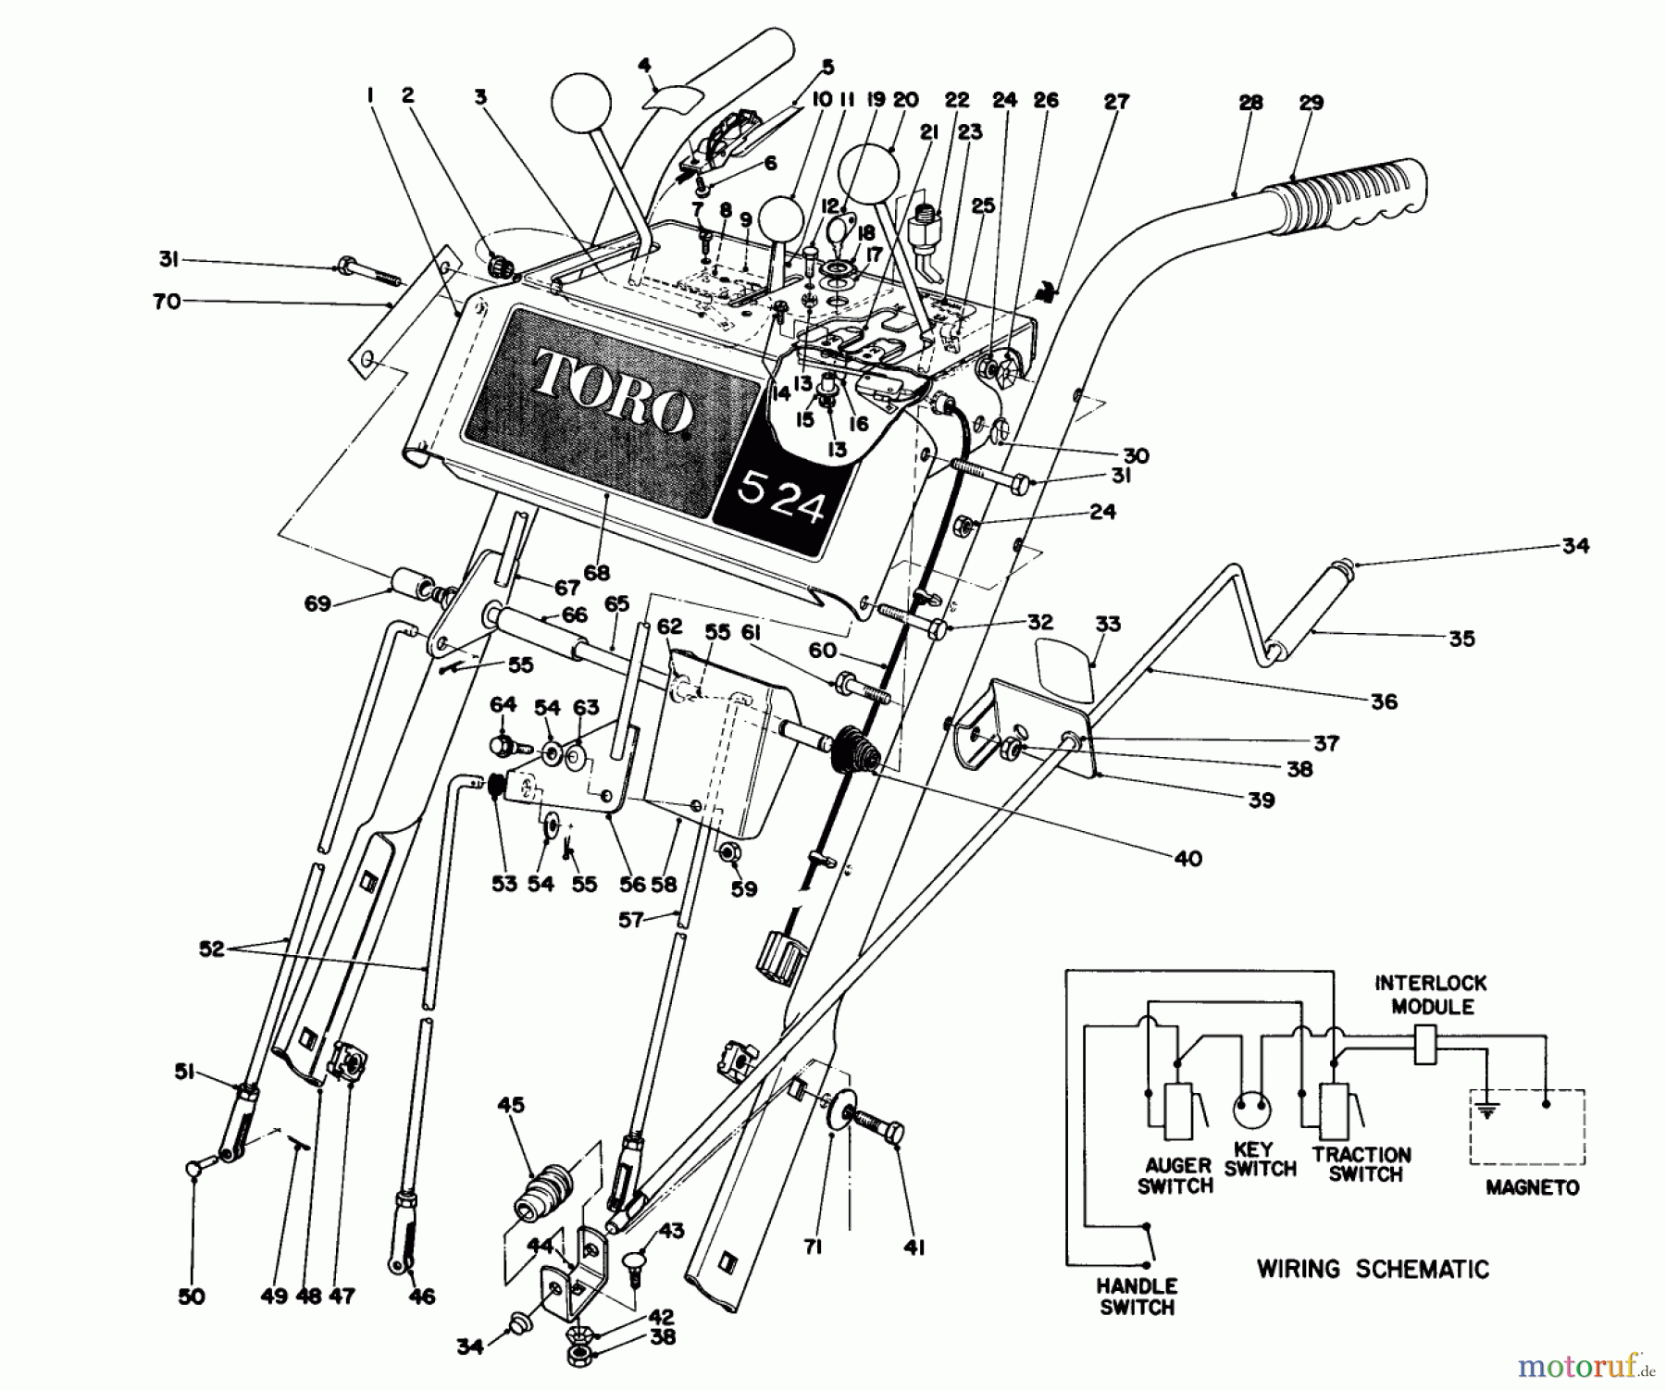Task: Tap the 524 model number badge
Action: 782,501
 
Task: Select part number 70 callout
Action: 167,301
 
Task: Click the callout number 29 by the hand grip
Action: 1311,103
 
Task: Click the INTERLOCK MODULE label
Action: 1432,994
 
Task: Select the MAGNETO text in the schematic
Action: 1532,1187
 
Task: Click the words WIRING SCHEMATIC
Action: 1373,1269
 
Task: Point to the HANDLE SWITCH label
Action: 1137,1296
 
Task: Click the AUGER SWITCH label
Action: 1175,1175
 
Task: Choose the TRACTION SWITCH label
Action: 1361,1164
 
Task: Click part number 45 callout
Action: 511,1105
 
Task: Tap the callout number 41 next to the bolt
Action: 914,1247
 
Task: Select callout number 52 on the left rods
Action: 211,949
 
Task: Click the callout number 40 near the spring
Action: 1187,858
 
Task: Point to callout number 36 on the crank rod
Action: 1384,701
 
